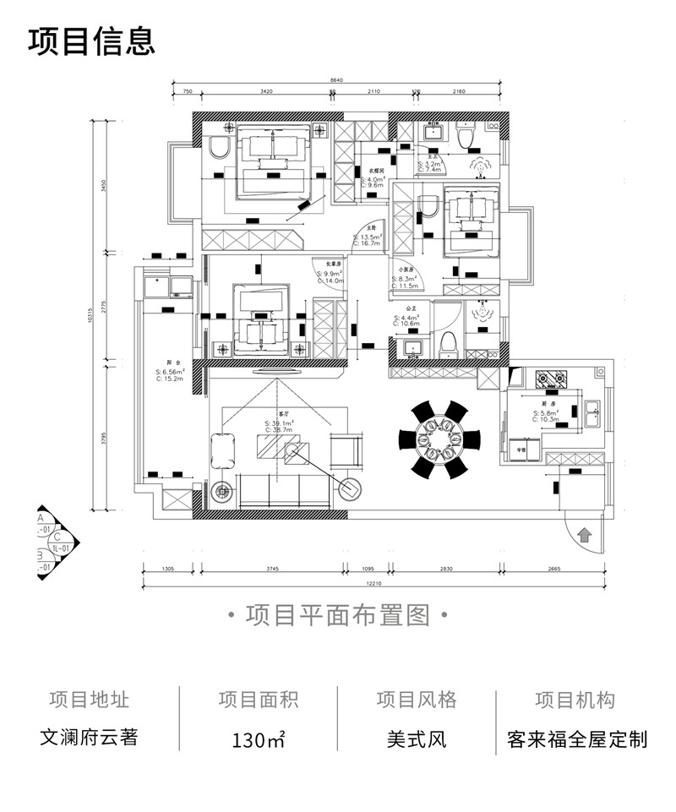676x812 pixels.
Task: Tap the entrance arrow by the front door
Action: point(584,534)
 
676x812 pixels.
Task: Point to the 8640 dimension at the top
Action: point(336,81)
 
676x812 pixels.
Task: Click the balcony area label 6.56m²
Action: point(170,372)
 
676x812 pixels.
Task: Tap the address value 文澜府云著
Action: point(89,738)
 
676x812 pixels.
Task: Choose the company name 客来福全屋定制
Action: point(577,739)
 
